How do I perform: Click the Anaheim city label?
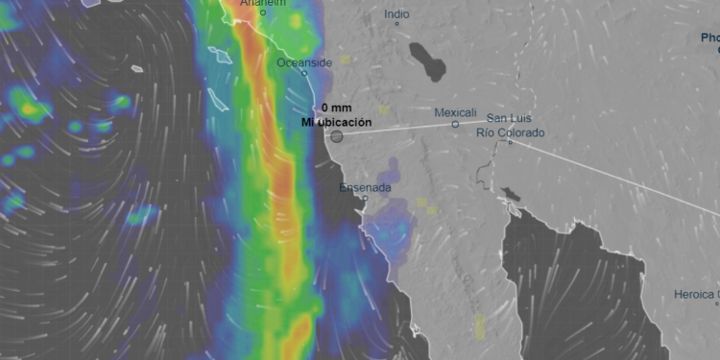coord(263,4)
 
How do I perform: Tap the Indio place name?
coord(396,14)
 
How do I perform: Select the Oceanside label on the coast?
coord(304,62)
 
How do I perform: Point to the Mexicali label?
coord(455,112)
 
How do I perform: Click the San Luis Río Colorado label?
coord(510,126)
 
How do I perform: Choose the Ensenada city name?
coord(365,187)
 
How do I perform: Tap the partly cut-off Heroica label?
coord(697,293)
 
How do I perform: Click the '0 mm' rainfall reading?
coord(337,108)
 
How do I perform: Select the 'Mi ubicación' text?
coord(336,122)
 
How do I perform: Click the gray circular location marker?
coord(337,136)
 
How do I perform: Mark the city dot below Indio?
coord(396,24)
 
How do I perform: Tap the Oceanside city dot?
coord(304,73)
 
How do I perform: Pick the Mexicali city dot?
coord(455,124)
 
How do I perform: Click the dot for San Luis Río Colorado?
coord(510,143)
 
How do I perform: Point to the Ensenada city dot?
coord(365,198)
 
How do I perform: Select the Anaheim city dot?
coord(263,13)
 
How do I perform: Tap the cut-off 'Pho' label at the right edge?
coord(709,38)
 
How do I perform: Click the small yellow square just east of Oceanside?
coord(345,60)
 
